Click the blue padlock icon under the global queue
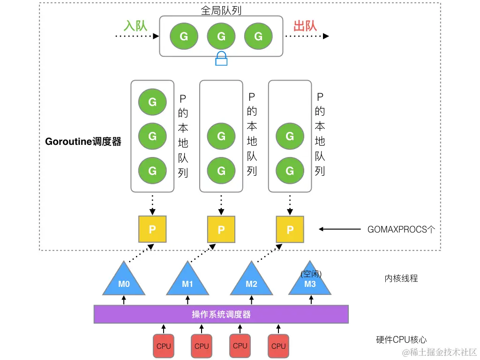pyautogui.click(x=221, y=59)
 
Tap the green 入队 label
pyautogui.click(x=135, y=25)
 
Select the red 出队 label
pyautogui.click(x=305, y=25)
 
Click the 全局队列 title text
pyautogui.click(x=221, y=10)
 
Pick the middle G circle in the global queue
pyautogui.click(x=221, y=36)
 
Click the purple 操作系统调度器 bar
pyautogui.click(x=221, y=314)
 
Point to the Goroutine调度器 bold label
pyautogui.click(x=83, y=142)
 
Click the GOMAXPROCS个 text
pyautogui.click(x=401, y=230)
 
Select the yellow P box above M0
pyautogui.click(x=152, y=229)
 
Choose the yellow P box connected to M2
pyautogui.click(x=290, y=229)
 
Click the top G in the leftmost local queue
pyautogui.click(x=152, y=101)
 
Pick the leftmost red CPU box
pyautogui.click(x=164, y=346)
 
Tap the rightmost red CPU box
pyautogui.click(x=278, y=346)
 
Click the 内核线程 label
pyautogui.click(x=401, y=278)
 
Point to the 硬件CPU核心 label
pyautogui.click(x=401, y=340)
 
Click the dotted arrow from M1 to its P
pyautogui.click(x=204, y=253)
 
